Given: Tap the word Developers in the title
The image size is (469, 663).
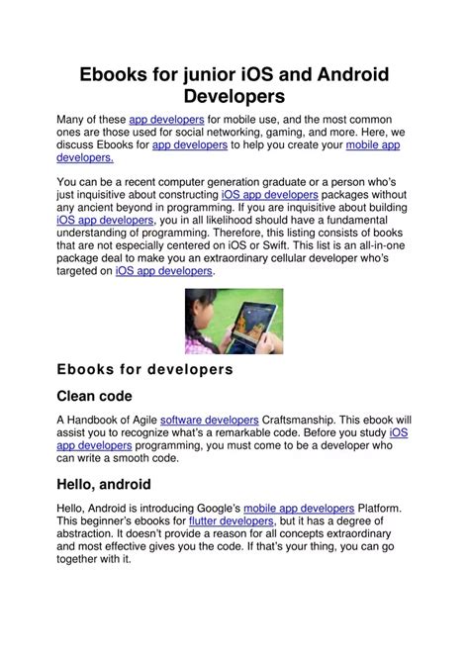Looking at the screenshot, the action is [234, 97].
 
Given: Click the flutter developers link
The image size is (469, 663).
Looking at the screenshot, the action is [232, 521].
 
